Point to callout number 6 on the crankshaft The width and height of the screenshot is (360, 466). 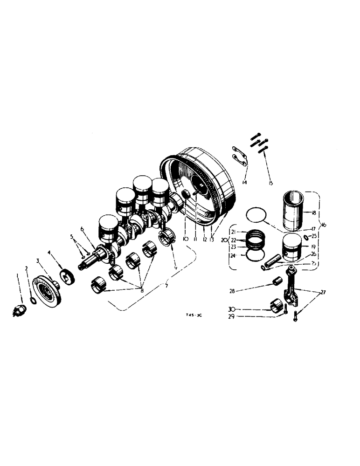tap(81, 229)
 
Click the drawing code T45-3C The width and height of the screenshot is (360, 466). tap(194, 315)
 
